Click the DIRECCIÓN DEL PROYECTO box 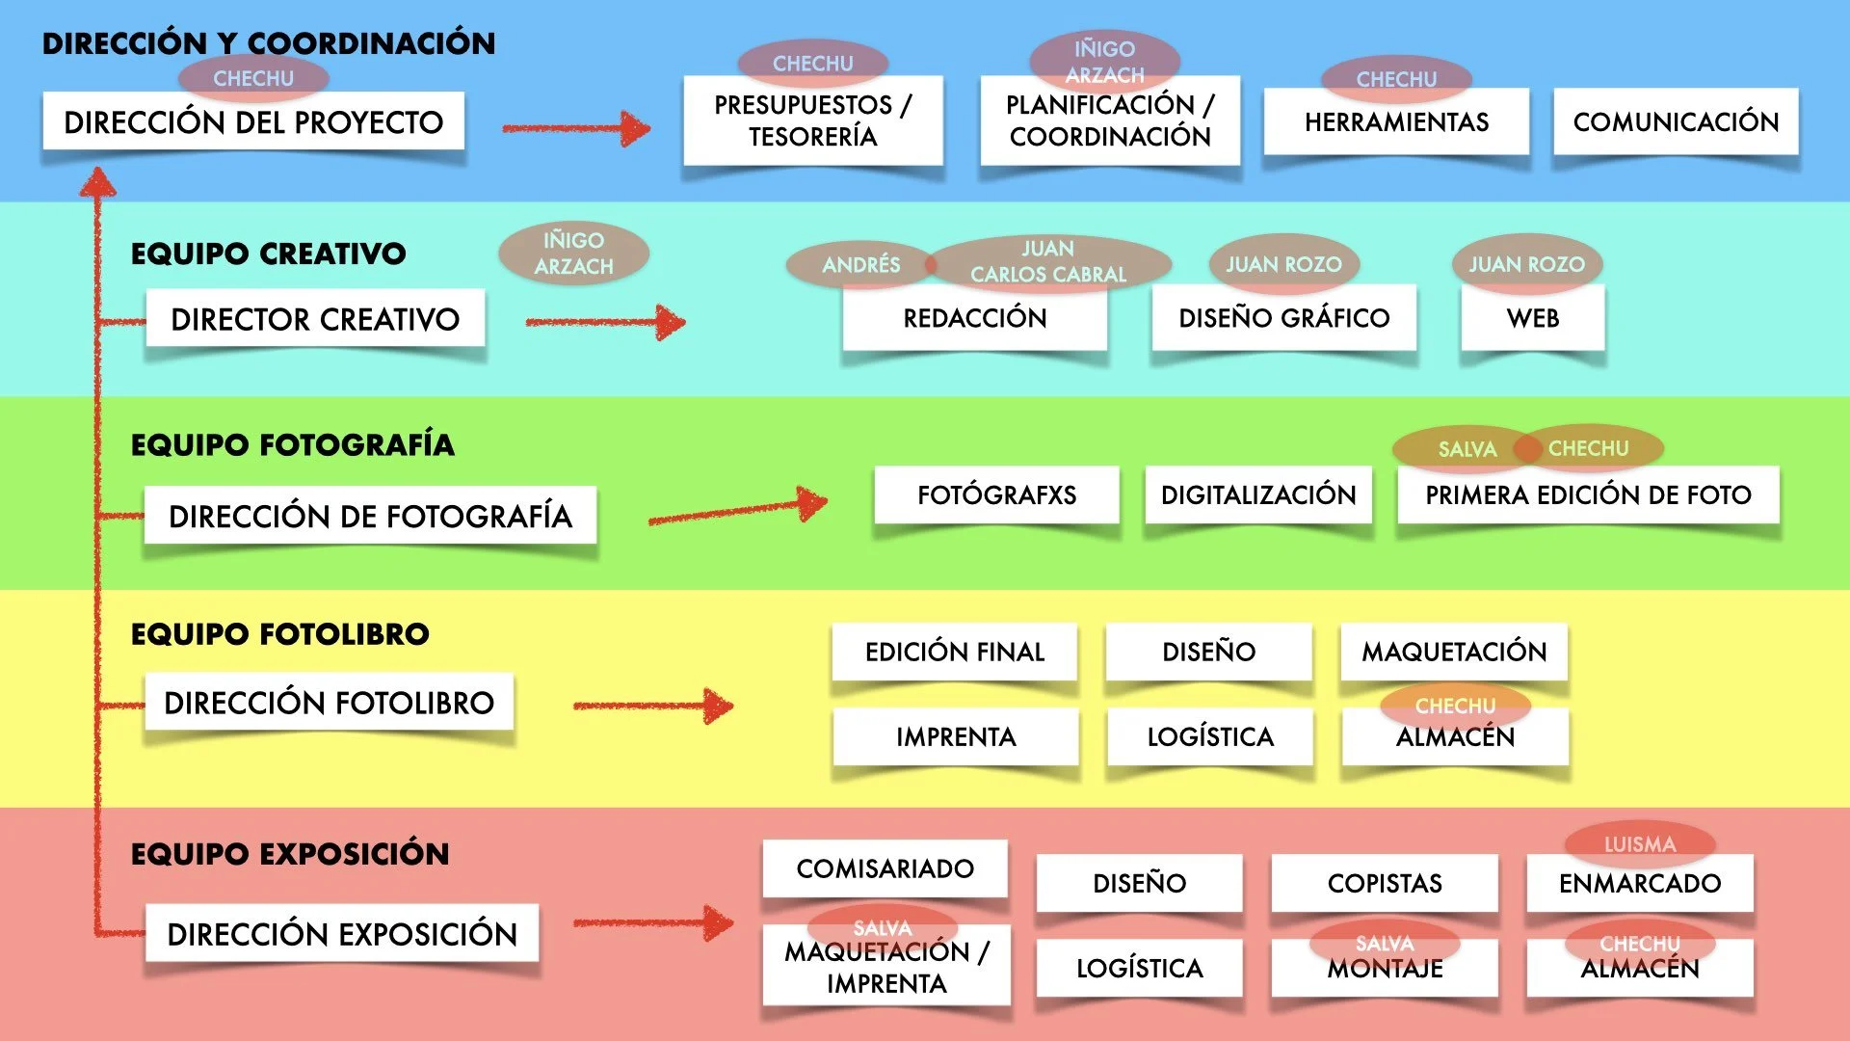coord(253,122)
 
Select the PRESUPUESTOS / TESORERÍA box coord(812,121)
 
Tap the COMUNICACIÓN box coord(1676,122)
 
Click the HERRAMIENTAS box coord(1396,122)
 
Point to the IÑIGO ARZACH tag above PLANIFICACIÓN coord(1104,61)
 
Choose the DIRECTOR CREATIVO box coord(315,319)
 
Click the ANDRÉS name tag coord(860,265)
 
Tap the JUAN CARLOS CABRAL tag coord(1047,261)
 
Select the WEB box coord(1532,318)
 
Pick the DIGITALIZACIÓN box coord(1258,495)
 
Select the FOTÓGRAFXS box coord(996,495)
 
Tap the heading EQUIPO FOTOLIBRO coord(279,634)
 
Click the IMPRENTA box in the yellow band coord(956,737)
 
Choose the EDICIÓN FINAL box coord(954,653)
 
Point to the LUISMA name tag coord(1639,843)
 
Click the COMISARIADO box coord(885,868)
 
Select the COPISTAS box coord(1385,883)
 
